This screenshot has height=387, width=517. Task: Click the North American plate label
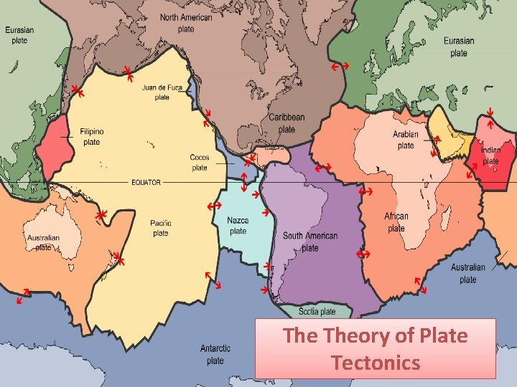point(186,23)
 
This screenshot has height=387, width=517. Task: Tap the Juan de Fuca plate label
point(162,92)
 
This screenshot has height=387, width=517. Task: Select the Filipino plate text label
point(92,137)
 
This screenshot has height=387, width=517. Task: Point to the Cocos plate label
point(200,162)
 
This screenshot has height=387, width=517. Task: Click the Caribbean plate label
point(287,123)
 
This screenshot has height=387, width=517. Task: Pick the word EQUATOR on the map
point(146,182)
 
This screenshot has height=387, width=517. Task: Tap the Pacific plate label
point(161,228)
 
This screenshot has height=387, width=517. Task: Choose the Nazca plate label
point(238,226)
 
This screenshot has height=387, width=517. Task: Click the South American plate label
point(310,242)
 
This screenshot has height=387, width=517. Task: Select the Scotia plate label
point(317,312)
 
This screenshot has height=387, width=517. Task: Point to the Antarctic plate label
point(215,354)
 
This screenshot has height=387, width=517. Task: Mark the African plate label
point(396,222)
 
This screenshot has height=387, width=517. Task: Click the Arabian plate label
point(406,140)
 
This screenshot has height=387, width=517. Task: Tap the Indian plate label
point(491,156)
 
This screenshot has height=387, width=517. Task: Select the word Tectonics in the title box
point(376,363)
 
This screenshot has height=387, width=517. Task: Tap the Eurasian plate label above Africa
point(459,47)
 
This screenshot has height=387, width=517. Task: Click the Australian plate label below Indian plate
point(468,273)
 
